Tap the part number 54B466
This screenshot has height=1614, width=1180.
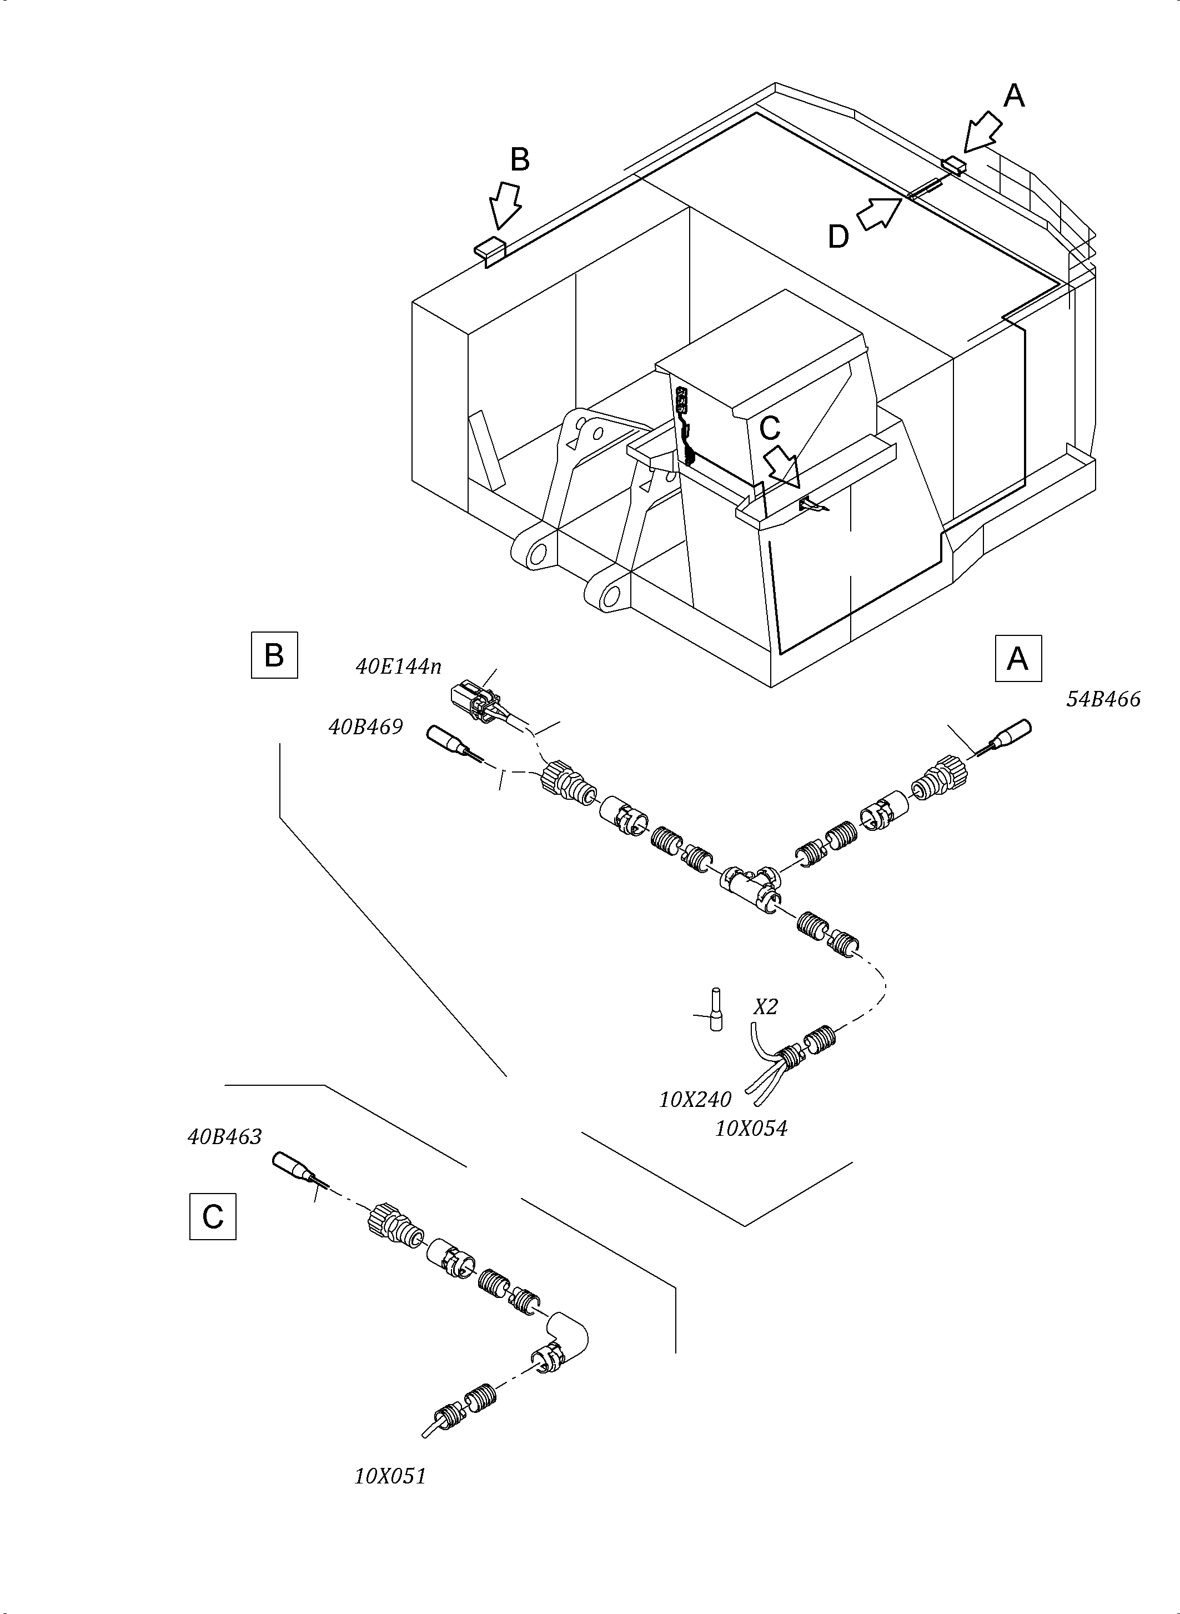point(1103,699)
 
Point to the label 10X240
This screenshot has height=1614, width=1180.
point(694,1100)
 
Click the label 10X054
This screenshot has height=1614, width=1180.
point(751,1129)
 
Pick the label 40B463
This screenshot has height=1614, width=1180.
point(224,1137)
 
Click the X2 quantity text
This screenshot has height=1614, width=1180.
point(766,1008)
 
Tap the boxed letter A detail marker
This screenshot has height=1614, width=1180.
point(1018,658)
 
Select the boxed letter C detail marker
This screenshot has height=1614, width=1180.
point(212,1216)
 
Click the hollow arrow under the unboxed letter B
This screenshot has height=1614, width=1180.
point(505,205)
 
